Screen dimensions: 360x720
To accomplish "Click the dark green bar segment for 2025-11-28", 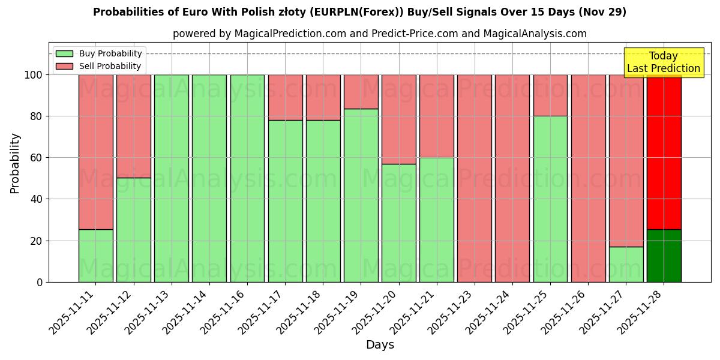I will click(664, 256).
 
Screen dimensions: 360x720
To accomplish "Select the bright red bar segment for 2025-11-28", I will click(664, 152).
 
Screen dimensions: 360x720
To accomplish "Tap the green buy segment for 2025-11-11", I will click(95, 256).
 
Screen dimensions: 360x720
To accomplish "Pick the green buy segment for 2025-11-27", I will click(626, 264).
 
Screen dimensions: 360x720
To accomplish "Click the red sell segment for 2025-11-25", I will click(550, 95).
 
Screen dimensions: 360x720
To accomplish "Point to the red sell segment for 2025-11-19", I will click(361, 92).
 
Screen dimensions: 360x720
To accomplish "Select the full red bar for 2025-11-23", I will click(474, 178).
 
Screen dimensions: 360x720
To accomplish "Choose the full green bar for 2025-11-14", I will click(209, 178).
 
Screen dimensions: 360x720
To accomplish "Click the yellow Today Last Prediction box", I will click(663, 62).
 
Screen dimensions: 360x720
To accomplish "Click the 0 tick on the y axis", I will click(40, 282).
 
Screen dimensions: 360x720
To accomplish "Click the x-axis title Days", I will click(380, 345).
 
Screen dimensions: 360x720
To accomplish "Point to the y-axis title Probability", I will click(15, 163).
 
